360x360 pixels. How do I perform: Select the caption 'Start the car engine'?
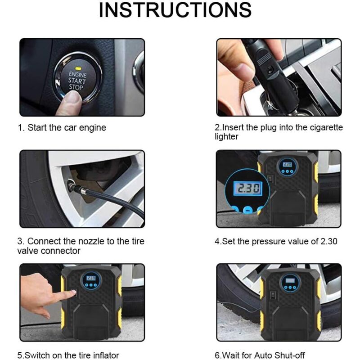coord(67,128)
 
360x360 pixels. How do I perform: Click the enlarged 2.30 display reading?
coord(243,188)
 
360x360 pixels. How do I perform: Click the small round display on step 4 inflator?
coord(287,167)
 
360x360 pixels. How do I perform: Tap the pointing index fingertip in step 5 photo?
coord(72,293)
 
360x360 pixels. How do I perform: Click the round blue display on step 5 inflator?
coord(91,281)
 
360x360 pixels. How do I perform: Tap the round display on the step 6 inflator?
coord(288,283)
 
